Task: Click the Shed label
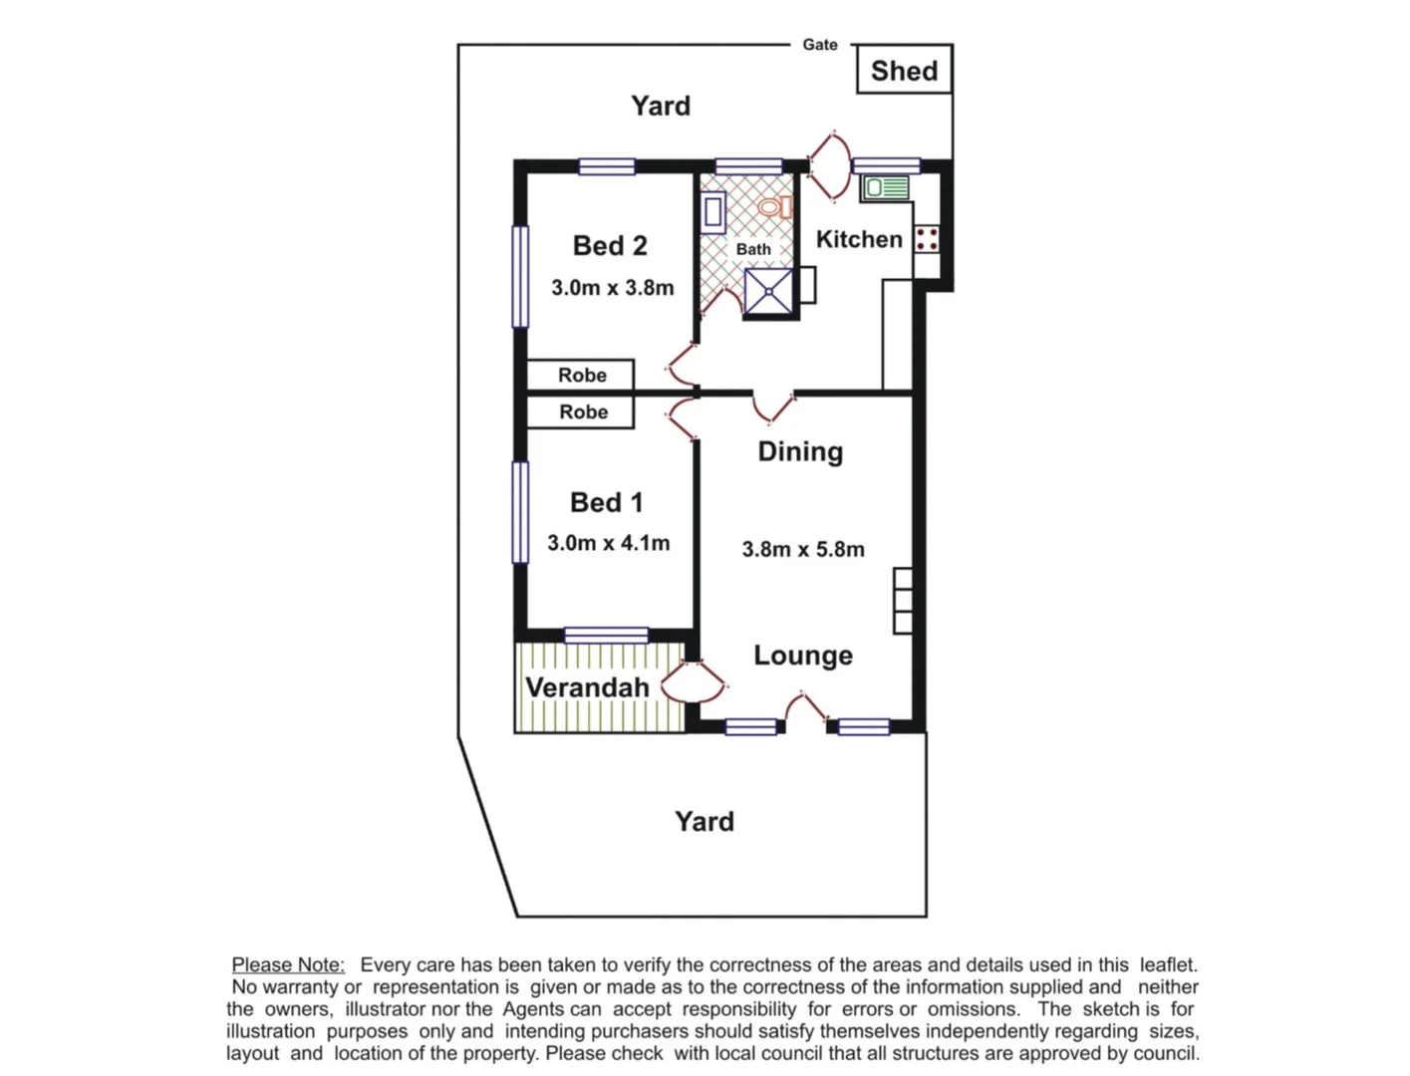(x=904, y=71)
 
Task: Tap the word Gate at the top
(x=820, y=45)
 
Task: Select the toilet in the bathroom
(x=776, y=206)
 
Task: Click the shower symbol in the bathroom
(x=768, y=292)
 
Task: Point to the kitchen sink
(x=886, y=188)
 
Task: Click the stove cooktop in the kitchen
(x=927, y=238)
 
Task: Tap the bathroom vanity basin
(x=712, y=212)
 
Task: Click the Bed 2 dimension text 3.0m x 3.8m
(x=612, y=288)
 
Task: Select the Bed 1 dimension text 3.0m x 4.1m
(x=608, y=543)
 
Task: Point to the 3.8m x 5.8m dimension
(x=803, y=550)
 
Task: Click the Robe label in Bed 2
(x=582, y=375)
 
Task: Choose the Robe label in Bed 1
(x=583, y=411)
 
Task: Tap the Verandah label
(x=587, y=687)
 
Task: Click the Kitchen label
(x=859, y=239)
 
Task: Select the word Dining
(x=800, y=451)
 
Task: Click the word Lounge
(x=803, y=656)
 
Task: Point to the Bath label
(x=753, y=249)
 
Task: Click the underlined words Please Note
(x=288, y=964)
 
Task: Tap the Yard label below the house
(x=705, y=822)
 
